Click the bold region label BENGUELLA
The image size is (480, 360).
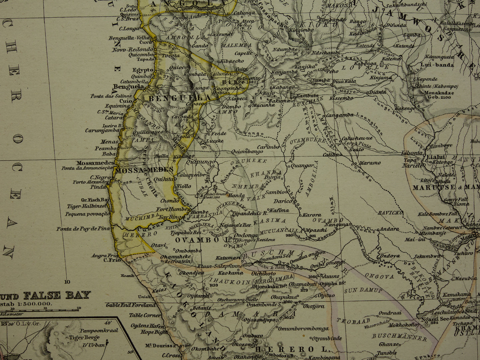180,98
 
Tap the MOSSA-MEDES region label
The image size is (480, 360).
144,170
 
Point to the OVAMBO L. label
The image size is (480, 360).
198,240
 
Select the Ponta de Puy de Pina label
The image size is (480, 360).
83,229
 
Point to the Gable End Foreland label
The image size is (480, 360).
131,305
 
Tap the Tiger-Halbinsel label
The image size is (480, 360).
88,206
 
